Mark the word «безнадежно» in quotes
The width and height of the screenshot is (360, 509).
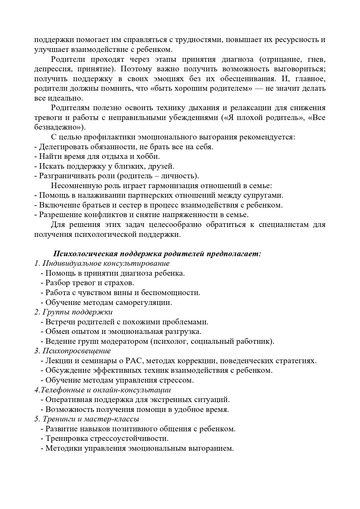59,128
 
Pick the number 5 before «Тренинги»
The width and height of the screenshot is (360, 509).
36,419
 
